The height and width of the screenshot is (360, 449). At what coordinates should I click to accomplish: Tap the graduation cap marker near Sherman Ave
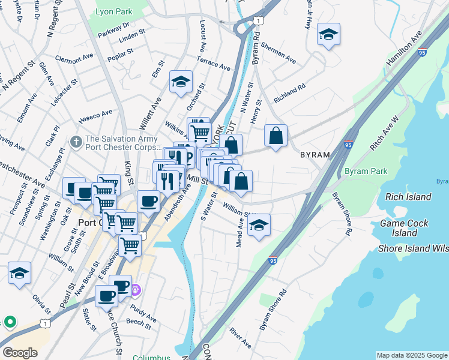(x=328, y=35)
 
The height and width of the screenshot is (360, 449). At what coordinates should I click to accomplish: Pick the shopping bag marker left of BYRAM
(x=276, y=136)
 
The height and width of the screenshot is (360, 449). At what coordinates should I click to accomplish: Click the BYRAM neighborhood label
(x=316, y=155)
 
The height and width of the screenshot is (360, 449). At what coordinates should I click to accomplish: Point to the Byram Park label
(x=366, y=172)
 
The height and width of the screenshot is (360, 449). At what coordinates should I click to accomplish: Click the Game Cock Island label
(x=405, y=228)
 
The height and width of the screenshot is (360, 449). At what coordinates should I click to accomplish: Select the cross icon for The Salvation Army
(x=75, y=142)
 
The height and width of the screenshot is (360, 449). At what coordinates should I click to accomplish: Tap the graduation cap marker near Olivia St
(x=19, y=273)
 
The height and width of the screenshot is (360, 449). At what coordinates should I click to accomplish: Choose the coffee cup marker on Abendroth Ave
(x=148, y=202)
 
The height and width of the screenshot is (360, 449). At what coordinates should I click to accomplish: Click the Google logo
(x=20, y=353)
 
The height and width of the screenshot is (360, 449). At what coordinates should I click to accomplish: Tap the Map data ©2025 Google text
(x=412, y=355)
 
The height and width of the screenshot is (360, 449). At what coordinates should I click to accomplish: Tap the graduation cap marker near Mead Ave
(x=259, y=225)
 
